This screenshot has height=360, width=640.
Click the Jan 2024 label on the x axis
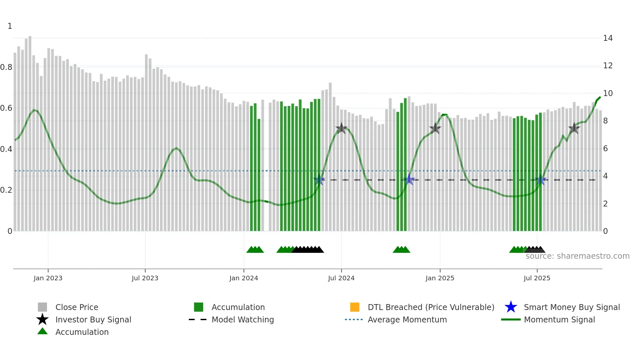click(244, 278)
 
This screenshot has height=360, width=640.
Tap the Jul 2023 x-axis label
click(145, 278)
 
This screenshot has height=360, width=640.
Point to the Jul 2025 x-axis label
click(537, 278)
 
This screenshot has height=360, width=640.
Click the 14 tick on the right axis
click(608, 38)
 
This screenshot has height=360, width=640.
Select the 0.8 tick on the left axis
click(6, 67)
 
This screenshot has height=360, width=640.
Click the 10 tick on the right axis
click(608, 93)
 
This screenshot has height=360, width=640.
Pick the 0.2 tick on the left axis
click(6, 190)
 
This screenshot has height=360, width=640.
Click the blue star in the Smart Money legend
click(511, 307)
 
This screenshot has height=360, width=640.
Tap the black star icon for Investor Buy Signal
click(42, 319)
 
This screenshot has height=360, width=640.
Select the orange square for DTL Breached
click(355, 307)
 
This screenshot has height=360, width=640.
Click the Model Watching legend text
click(243, 319)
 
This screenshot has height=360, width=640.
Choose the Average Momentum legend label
click(407, 319)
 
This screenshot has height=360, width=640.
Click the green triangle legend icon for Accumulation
click(42, 332)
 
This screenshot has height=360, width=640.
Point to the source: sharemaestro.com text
click(577, 256)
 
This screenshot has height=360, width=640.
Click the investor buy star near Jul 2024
click(341, 128)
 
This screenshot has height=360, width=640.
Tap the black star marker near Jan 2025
click(435, 128)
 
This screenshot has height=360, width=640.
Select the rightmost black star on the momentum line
click(574, 128)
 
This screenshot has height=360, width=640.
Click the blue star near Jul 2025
click(541, 180)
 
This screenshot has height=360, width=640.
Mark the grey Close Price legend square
click(42, 307)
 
